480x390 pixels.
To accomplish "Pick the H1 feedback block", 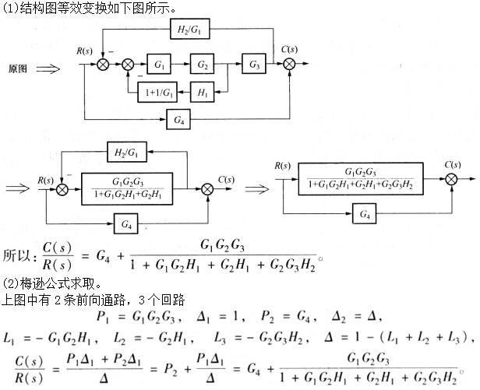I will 204,92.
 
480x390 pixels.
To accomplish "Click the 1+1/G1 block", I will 154,92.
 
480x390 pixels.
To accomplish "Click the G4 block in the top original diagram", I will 178,118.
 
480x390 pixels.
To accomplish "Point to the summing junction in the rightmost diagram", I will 451,181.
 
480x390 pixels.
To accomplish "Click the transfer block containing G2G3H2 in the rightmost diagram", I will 360,179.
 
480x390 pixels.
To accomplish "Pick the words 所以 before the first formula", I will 17,255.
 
